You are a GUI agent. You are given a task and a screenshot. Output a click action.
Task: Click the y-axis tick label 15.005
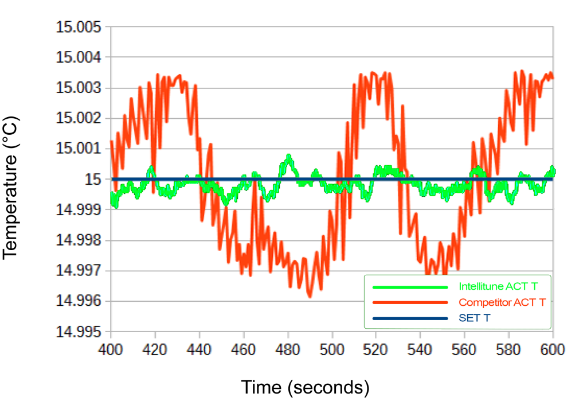coord(78,27)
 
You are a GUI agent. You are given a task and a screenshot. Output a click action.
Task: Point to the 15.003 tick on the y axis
coord(78,88)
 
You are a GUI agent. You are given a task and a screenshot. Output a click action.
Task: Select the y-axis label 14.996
coord(78,301)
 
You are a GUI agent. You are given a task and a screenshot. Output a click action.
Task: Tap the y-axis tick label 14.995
coord(78,331)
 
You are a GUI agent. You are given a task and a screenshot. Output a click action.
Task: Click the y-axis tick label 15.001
coord(78,149)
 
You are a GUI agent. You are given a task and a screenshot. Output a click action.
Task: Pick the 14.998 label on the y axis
coord(78,240)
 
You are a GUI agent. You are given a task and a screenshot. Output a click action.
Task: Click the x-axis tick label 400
coord(111,350)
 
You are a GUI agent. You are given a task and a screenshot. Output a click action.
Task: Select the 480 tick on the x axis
coord(288,350)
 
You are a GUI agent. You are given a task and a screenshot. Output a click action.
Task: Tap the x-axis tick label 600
coord(553,350)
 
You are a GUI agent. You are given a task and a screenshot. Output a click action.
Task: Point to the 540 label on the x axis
coord(420,350)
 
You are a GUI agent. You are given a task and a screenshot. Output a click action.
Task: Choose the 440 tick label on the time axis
coord(199,350)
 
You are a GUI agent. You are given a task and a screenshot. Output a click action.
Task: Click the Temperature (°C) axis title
coord(10,188)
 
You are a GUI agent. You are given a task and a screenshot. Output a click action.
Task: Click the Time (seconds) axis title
coord(305,387)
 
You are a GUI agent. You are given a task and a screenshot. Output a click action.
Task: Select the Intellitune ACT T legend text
coord(498,287)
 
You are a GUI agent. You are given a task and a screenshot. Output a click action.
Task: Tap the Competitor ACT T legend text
coord(502,302)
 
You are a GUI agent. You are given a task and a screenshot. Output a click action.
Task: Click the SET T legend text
coord(474,318)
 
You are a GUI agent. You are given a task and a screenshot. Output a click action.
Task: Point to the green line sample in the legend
coord(410,287)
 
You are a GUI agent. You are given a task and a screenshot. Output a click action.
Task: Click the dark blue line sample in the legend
coord(410,318)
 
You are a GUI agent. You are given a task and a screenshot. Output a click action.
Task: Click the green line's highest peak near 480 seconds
coord(289,155)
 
